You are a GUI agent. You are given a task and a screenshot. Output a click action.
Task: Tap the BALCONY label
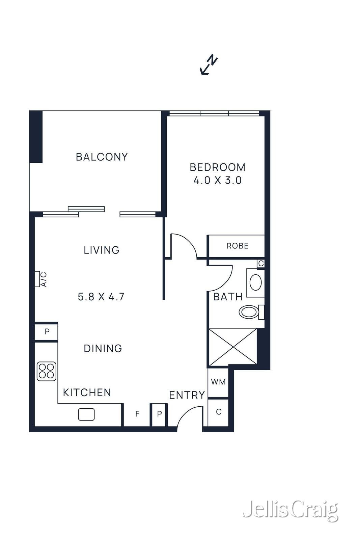[102, 157]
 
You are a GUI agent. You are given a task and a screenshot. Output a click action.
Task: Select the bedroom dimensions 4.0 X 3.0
[217, 180]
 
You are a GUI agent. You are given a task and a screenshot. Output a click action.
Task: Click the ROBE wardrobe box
[237, 246]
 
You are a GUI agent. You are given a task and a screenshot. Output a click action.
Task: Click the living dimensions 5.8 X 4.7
[101, 297]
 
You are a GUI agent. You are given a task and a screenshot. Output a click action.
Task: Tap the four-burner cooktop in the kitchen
[46, 371]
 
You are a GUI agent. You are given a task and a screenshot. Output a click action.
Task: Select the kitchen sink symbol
[86, 414]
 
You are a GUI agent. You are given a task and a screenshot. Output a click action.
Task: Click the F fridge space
[137, 414]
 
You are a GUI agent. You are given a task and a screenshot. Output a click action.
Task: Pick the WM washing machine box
[218, 382]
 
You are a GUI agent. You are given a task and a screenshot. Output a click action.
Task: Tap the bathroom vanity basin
[255, 282]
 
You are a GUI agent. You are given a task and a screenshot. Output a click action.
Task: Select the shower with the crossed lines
[232, 347]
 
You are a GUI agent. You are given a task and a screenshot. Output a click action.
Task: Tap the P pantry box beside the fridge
[159, 414]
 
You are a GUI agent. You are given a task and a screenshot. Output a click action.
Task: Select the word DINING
[103, 348]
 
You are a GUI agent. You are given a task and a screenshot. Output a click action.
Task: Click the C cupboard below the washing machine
[218, 412]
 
